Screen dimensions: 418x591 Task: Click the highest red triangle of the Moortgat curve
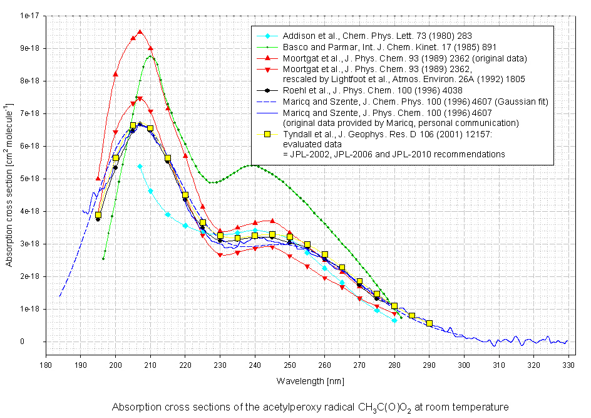140,31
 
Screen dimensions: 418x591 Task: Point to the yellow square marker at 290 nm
429,323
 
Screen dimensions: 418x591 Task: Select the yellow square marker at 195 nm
98,215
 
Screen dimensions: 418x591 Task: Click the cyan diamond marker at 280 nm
394,320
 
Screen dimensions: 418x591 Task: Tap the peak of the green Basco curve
150,56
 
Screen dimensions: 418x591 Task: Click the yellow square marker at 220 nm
185,195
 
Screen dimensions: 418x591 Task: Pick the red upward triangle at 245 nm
272,221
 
